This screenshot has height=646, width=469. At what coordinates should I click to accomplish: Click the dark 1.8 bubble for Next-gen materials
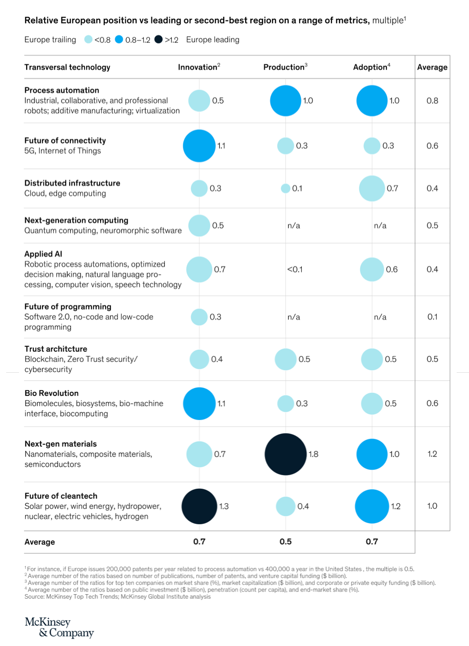click(285, 454)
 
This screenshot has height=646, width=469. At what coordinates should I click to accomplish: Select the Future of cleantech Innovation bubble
click(199, 506)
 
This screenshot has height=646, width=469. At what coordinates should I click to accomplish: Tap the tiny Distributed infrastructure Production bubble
click(285, 188)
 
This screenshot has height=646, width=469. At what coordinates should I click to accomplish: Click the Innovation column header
click(199, 67)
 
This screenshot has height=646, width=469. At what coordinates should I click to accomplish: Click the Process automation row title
click(62, 90)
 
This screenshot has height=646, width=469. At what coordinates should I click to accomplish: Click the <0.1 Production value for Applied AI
click(295, 270)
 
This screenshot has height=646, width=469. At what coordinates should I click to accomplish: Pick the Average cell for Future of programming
click(432, 317)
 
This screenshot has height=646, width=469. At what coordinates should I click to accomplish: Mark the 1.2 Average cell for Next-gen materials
click(432, 454)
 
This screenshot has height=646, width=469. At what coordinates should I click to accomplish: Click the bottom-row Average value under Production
click(285, 542)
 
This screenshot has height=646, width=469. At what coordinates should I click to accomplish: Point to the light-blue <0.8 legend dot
click(88, 40)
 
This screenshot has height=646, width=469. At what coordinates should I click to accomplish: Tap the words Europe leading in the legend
click(212, 40)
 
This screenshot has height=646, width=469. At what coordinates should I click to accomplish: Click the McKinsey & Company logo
click(59, 628)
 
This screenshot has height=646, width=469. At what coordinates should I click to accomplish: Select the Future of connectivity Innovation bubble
click(199, 146)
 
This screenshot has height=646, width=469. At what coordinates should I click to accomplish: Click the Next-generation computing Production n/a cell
click(294, 225)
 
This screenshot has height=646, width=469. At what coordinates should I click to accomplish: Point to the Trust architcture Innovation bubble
click(199, 359)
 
